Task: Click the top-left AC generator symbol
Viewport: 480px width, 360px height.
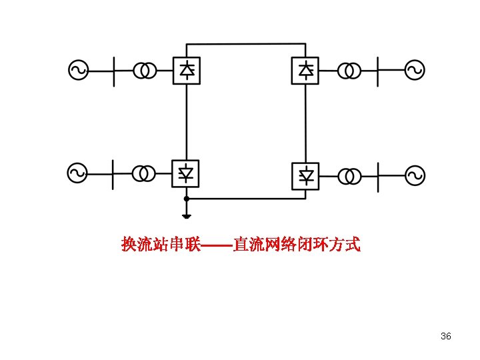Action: [x=79, y=70]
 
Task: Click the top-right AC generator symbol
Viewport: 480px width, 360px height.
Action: [x=414, y=70]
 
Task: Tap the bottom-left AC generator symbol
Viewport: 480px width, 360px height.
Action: [x=77, y=173]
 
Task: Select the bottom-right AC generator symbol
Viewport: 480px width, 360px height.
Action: [x=414, y=176]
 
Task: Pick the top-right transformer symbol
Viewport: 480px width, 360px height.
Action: [x=349, y=70]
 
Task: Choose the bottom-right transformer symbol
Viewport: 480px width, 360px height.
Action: [x=350, y=176]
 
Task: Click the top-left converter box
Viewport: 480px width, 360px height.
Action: [x=187, y=70]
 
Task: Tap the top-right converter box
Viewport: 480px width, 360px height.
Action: [x=305, y=70]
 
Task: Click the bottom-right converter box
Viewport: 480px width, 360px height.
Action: [x=305, y=176]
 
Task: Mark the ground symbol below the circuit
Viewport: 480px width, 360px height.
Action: [x=187, y=215]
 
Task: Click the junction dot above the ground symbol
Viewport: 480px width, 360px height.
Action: [x=187, y=199]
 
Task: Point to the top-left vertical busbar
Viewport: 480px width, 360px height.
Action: [x=113, y=70]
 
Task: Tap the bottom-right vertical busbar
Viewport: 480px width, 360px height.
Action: [x=378, y=176]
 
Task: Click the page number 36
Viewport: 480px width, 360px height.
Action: [x=446, y=336]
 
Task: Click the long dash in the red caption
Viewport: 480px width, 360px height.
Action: [x=217, y=245]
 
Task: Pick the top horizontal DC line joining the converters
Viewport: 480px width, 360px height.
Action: [x=247, y=43]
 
